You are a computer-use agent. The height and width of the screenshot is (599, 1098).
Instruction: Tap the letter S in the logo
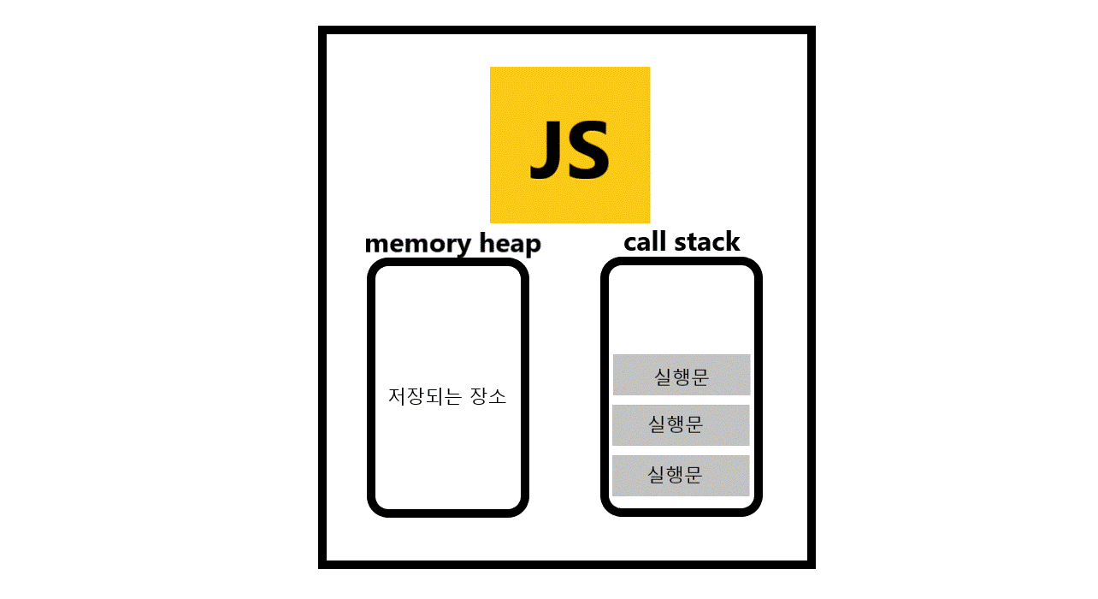[x=587, y=151]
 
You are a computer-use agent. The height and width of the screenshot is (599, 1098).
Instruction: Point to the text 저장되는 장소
[x=447, y=397]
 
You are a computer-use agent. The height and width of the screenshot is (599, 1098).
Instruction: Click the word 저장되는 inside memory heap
[x=425, y=397]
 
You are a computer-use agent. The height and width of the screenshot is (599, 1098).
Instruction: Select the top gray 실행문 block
[x=682, y=375]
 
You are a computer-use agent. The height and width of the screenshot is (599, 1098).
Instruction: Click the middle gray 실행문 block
[x=681, y=424]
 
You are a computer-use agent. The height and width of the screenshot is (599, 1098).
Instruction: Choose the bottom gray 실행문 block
[x=681, y=475]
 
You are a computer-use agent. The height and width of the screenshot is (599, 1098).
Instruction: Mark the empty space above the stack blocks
[x=682, y=310]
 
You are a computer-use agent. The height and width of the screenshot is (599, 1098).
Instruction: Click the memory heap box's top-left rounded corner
[x=376, y=267]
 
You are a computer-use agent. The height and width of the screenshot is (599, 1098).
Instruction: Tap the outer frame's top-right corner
[x=810, y=31]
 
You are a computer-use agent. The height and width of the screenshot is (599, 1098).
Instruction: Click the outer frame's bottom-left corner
[x=323, y=563]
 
